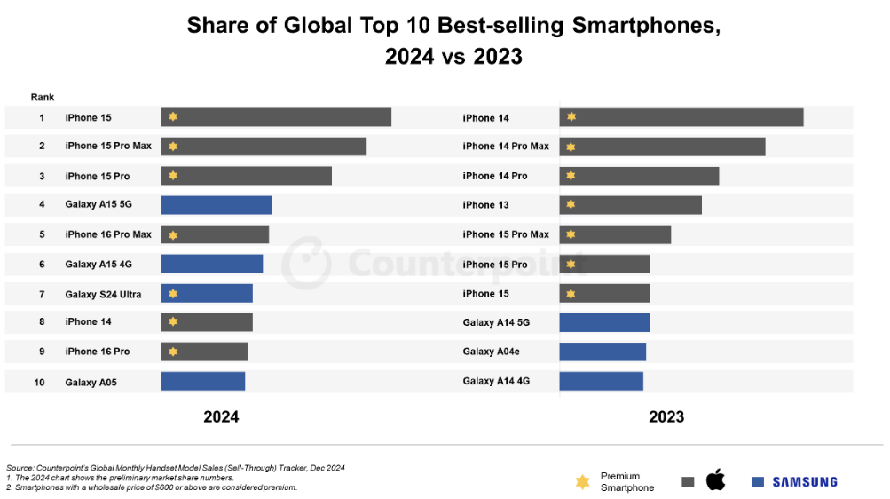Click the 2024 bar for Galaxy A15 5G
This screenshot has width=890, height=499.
(217, 205)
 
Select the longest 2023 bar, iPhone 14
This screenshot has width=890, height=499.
(681, 117)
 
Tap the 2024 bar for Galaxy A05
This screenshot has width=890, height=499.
(203, 382)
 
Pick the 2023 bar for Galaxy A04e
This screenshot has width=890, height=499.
(603, 352)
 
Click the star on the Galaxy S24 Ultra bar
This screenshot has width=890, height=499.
(173, 293)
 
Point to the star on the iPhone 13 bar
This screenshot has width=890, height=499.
(571, 205)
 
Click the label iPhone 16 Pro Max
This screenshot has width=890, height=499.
(108, 234)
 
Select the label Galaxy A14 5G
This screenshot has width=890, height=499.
(497, 322)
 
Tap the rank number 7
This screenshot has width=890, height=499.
(42, 294)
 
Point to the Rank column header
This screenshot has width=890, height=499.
(42, 97)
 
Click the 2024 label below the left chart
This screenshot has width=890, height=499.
(221, 416)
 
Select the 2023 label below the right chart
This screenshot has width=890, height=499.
(666, 416)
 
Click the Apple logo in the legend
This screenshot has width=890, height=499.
(715, 480)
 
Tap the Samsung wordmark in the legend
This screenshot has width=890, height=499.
(804, 482)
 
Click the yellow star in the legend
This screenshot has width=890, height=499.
(582, 482)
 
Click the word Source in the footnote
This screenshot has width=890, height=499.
(20, 467)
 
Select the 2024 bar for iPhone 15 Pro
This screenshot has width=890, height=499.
(247, 176)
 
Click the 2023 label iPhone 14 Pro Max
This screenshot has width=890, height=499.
(506, 147)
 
